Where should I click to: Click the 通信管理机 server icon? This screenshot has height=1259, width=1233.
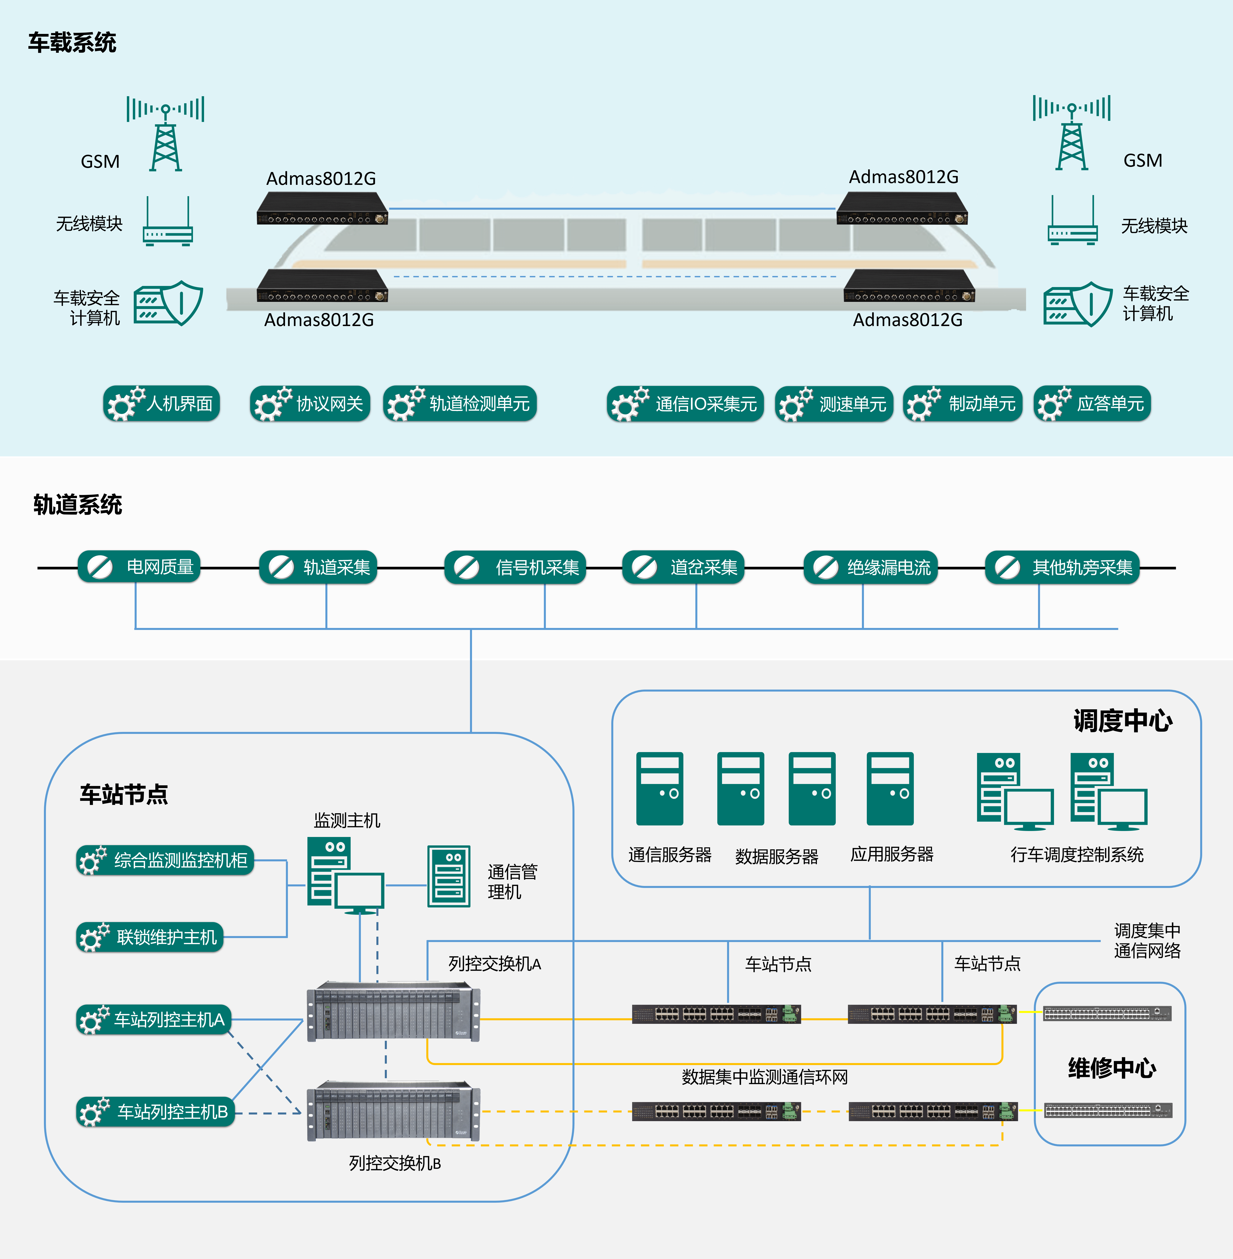[449, 876]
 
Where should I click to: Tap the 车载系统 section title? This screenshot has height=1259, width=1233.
[72, 43]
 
